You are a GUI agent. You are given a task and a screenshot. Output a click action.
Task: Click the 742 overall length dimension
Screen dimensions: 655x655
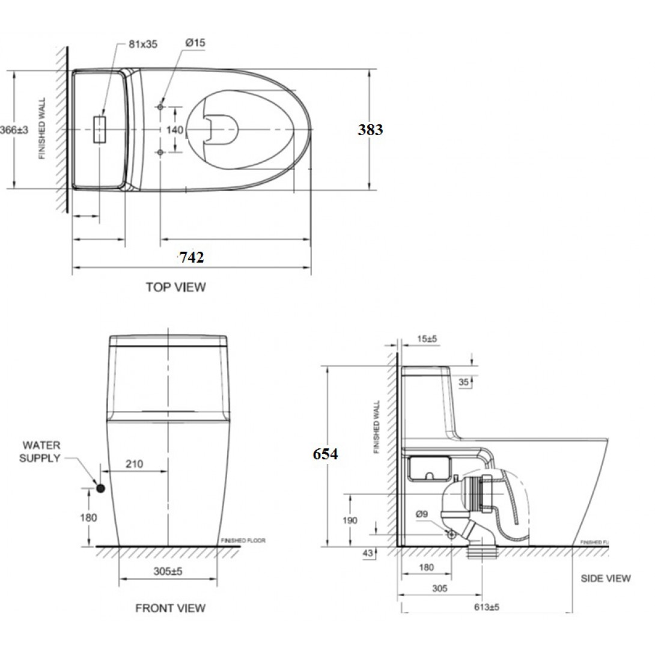tap(191, 257)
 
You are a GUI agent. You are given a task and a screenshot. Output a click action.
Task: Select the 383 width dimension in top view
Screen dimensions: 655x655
tap(370, 129)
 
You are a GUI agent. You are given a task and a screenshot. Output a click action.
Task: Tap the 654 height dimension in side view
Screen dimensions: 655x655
tap(325, 454)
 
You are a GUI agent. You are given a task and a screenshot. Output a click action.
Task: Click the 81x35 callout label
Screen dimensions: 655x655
tap(143, 44)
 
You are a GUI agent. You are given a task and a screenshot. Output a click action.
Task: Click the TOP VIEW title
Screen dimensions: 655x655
tap(175, 287)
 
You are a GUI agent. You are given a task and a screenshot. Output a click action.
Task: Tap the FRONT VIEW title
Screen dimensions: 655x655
tap(170, 608)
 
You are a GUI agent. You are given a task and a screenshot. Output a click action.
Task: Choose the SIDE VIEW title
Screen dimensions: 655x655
tap(605, 578)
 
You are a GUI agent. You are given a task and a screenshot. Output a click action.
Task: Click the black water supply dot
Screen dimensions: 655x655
tap(100, 488)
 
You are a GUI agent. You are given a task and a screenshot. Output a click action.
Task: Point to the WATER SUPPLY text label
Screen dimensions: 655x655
tap(41, 452)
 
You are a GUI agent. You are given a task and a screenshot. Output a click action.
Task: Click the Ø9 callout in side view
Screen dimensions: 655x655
tap(422, 514)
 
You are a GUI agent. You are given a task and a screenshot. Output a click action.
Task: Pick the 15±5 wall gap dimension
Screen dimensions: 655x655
tap(427, 339)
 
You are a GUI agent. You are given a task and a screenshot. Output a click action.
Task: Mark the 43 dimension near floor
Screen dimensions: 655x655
tap(368, 553)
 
